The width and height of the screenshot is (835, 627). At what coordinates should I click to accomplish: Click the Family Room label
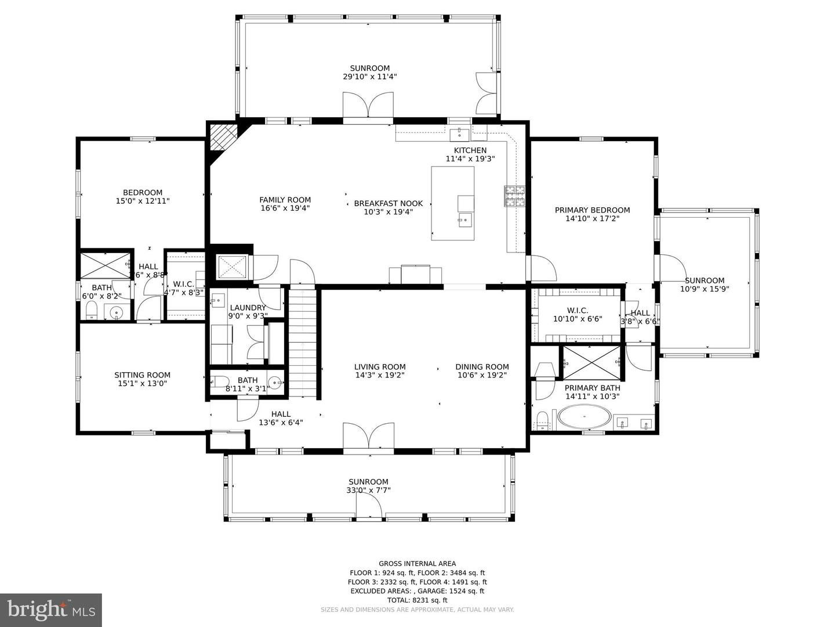(x=285, y=200)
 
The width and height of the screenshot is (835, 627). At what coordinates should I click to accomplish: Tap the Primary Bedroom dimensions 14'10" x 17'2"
(x=592, y=219)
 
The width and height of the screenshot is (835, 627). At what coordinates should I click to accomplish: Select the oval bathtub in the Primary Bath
(x=584, y=417)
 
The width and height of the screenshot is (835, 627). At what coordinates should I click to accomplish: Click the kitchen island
(x=452, y=203)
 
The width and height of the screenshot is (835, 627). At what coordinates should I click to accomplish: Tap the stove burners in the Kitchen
(x=514, y=196)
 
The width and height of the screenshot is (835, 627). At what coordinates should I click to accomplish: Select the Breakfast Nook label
(x=388, y=203)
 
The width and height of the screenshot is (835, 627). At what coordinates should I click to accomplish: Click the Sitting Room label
(x=142, y=375)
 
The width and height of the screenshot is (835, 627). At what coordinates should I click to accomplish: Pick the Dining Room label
(x=482, y=366)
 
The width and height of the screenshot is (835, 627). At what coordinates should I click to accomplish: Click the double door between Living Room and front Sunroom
(x=368, y=436)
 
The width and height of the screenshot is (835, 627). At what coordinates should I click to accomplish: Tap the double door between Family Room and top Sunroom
(x=368, y=106)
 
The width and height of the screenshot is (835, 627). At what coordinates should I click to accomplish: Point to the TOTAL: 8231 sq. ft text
(x=417, y=600)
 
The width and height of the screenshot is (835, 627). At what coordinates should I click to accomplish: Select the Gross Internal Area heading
(x=417, y=563)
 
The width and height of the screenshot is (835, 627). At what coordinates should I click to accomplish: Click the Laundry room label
(x=248, y=308)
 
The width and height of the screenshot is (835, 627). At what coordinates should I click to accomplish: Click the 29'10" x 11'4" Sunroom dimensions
(x=369, y=77)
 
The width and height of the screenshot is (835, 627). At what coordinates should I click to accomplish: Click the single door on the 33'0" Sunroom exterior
(x=368, y=507)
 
